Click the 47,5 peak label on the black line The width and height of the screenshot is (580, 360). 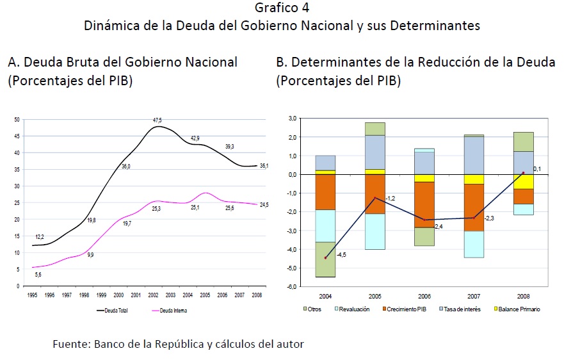point(157,120)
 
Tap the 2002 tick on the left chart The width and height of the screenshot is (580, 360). point(153,295)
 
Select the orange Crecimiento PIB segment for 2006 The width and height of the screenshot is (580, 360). point(424,204)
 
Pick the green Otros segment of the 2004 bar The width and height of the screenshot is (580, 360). point(325,259)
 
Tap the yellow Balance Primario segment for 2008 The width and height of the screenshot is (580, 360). point(523,181)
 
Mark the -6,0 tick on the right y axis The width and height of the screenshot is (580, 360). point(291,286)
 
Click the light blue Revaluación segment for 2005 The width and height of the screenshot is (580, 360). point(375,231)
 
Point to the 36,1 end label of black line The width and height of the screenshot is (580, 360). point(263,166)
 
